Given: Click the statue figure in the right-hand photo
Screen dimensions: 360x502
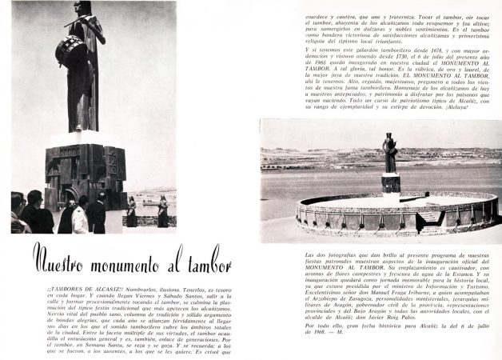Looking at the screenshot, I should click(389, 153).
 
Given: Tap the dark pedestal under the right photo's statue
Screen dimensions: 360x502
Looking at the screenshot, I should click(390, 183).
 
